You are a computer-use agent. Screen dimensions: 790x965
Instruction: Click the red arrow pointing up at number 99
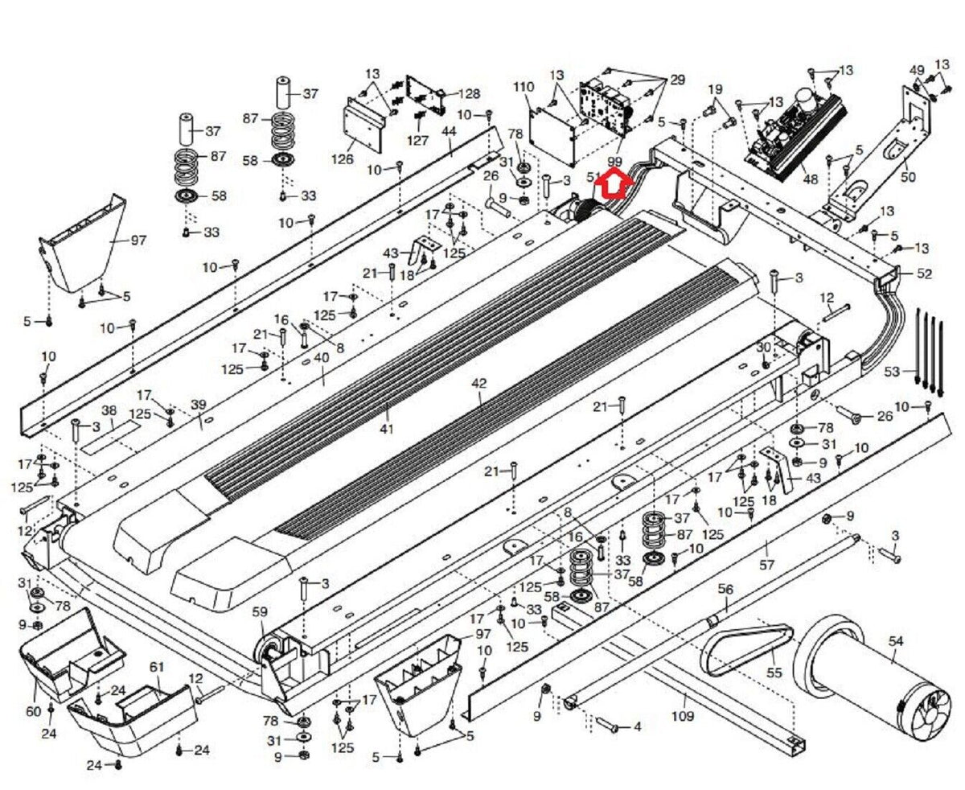tap(614, 186)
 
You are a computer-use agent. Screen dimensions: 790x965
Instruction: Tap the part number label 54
tap(896, 640)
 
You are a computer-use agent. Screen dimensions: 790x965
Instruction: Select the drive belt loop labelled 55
tap(744, 648)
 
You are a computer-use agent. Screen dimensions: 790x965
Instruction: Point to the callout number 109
tap(683, 714)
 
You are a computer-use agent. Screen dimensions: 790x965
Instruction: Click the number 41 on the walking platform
tap(387, 429)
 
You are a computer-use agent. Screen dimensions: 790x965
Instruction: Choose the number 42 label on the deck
tap(479, 384)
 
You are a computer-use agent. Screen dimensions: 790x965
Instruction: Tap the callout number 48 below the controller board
tap(810, 179)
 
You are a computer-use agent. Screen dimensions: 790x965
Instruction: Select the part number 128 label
tap(469, 93)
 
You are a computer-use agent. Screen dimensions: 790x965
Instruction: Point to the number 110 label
tap(524, 86)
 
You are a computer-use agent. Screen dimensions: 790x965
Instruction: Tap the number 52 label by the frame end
tap(924, 274)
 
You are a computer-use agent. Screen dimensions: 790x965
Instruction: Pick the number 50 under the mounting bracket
tap(908, 177)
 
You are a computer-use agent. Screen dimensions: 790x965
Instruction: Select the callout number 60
tap(33, 711)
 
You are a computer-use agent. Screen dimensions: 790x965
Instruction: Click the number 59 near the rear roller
tap(260, 612)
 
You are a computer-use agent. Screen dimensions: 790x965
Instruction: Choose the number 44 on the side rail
tap(449, 131)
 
